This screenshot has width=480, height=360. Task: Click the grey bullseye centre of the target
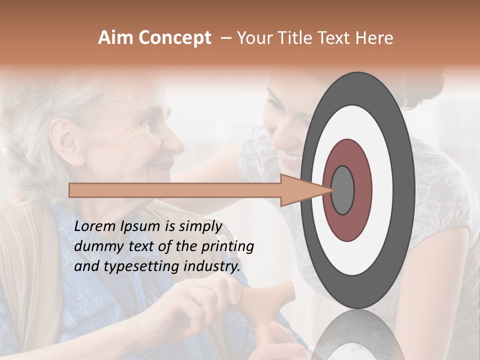coord(342,190)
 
